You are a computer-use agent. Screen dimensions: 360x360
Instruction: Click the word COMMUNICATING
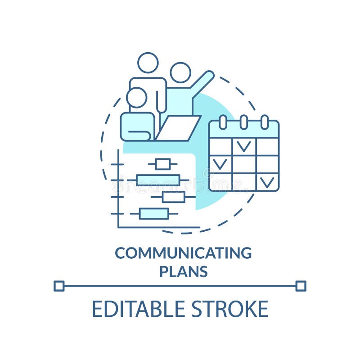(x=183, y=253)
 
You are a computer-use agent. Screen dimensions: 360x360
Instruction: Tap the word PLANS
(x=184, y=272)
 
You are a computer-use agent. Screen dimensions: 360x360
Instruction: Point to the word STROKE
(x=229, y=309)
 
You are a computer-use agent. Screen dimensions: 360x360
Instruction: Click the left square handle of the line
(x=59, y=286)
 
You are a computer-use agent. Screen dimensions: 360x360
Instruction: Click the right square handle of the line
(x=301, y=286)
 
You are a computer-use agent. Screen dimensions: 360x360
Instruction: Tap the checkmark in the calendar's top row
(x=244, y=146)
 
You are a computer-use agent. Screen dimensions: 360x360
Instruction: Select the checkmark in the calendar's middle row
(x=220, y=163)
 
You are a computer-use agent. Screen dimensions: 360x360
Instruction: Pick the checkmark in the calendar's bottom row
(x=267, y=181)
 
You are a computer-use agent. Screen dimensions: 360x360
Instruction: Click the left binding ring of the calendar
(x=223, y=122)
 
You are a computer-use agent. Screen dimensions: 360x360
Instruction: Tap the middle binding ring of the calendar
(x=243, y=122)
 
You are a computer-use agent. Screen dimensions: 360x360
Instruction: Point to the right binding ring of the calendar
(x=265, y=122)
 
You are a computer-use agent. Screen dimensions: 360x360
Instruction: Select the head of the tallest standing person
(x=148, y=63)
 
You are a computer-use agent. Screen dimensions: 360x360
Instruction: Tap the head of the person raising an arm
(x=180, y=72)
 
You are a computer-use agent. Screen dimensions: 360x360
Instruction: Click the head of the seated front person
(x=136, y=98)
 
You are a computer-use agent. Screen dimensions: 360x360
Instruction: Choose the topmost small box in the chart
(x=162, y=164)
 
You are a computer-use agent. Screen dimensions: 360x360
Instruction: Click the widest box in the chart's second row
(x=157, y=180)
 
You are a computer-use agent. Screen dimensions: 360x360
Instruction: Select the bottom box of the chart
(x=154, y=213)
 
